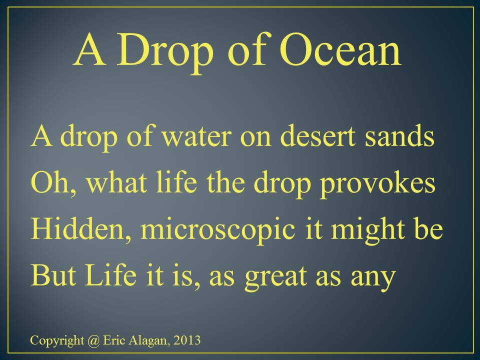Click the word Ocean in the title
pos(340,49)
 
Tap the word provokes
pos(377,184)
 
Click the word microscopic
pos(218,231)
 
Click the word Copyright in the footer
pos(57,341)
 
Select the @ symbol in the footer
pos(93,340)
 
